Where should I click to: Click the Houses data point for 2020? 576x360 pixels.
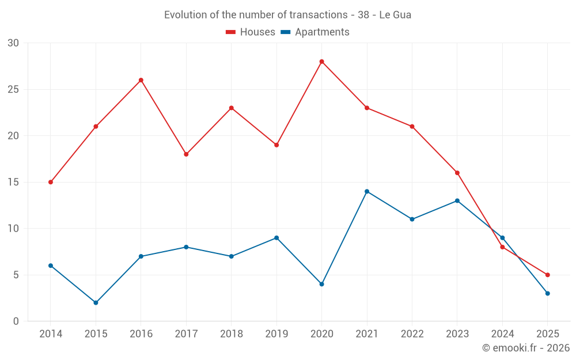321,62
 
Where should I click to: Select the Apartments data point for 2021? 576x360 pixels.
367,191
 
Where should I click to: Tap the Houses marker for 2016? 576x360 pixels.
141,80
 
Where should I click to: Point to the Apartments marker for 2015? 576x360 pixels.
96,302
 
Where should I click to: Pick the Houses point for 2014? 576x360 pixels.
51,182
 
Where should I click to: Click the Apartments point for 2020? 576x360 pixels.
321,284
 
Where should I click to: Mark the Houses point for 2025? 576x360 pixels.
547,275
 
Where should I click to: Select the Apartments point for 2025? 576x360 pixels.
547,293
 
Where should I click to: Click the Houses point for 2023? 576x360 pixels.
457,173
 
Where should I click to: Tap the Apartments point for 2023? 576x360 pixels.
457,200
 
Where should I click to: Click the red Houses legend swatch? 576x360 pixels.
230,32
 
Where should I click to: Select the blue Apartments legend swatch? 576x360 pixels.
285,32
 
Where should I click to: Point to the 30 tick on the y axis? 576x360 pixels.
13,43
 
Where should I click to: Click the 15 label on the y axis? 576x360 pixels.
13,182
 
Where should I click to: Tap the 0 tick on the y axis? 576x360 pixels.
16,321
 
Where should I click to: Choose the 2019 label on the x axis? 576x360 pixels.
276,334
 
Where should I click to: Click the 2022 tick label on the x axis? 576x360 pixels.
412,334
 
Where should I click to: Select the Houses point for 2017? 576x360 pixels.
186,154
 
